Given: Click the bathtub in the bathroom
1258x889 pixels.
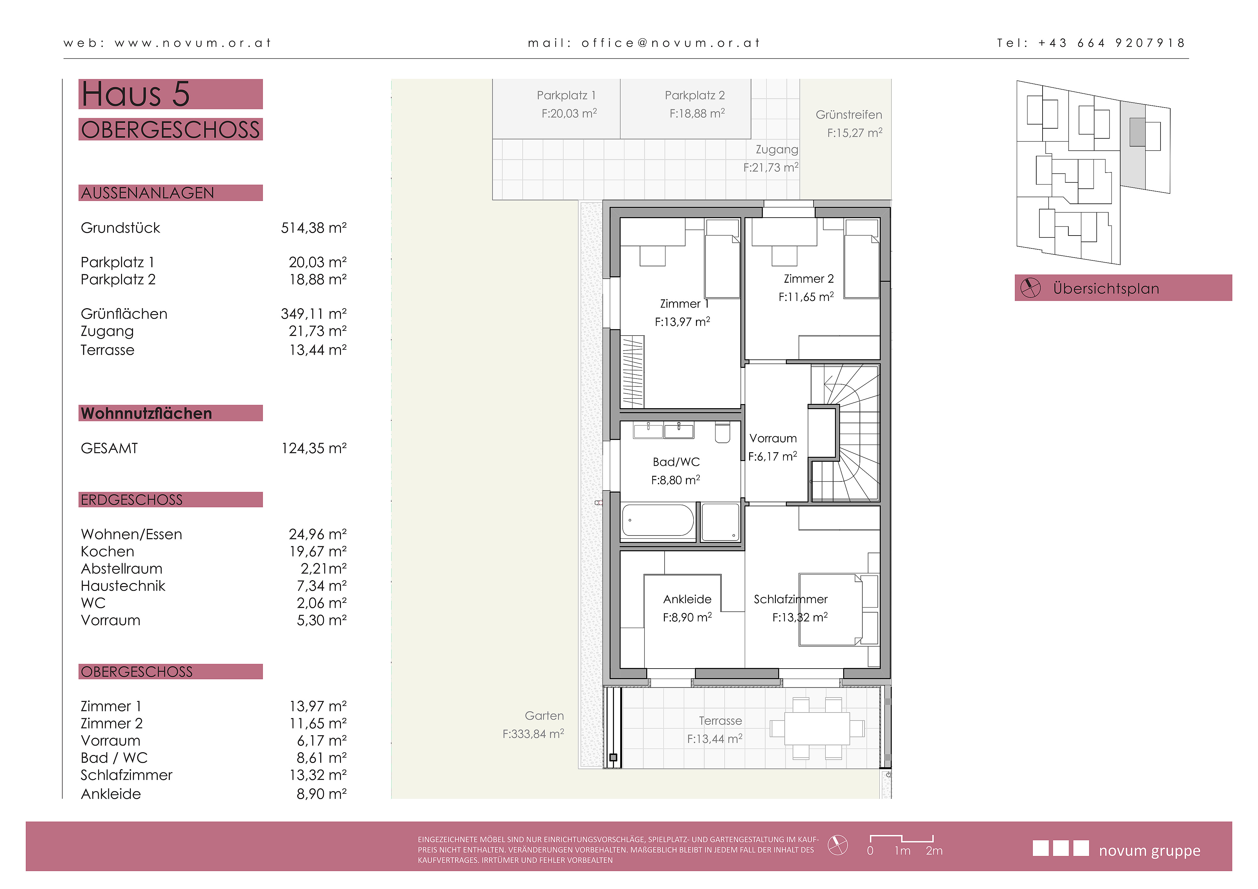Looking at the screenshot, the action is [658, 520].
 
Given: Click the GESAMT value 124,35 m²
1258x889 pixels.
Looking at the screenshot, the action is [314, 448].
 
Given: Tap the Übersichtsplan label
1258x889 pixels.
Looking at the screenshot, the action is [1106, 289].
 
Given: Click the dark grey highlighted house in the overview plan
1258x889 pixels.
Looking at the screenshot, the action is [1138, 132].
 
